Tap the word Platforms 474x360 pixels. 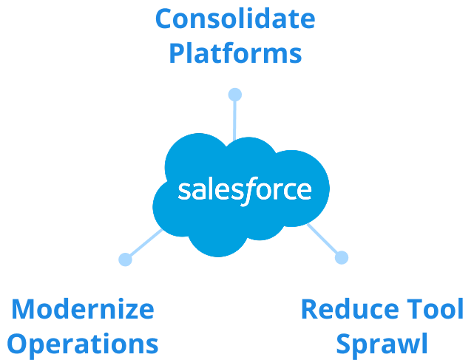(235, 53)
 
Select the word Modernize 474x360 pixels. (83, 308)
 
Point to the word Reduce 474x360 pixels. (347, 308)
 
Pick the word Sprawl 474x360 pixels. (382, 343)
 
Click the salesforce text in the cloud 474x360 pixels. (245, 190)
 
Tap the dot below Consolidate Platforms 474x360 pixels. (234, 95)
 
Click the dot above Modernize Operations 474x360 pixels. (125, 259)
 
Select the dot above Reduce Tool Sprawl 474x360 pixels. (341, 257)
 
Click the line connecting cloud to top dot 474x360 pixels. (234, 118)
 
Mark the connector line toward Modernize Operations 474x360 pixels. (146, 244)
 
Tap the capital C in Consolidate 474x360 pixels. (166, 19)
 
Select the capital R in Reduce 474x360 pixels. (310, 308)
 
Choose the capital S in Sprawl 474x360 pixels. (343, 343)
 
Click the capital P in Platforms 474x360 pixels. (177, 53)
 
